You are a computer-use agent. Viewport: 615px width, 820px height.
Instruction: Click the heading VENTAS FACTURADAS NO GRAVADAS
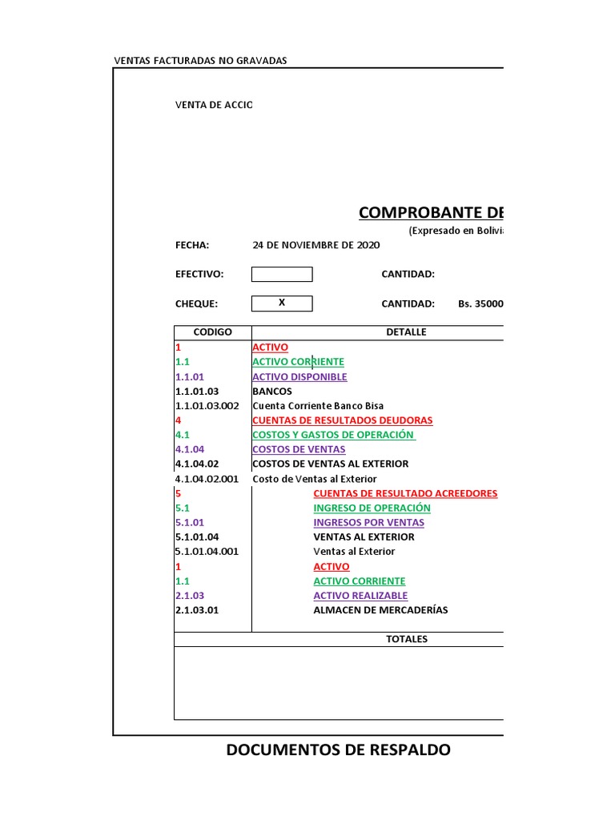(x=200, y=61)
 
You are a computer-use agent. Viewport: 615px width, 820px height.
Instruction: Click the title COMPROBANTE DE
(x=431, y=212)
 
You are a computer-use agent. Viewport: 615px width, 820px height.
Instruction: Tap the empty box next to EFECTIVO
(x=282, y=275)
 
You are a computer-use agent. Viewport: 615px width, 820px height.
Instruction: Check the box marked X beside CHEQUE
(x=282, y=303)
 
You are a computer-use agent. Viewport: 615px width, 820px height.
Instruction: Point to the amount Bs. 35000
(x=480, y=304)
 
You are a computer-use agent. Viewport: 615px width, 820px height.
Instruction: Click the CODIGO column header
(x=213, y=332)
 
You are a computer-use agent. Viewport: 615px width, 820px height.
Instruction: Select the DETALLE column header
(x=406, y=332)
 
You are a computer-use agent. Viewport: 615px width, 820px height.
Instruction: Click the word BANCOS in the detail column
(x=272, y=392)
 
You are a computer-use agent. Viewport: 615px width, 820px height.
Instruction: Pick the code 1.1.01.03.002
(x=207, y=406)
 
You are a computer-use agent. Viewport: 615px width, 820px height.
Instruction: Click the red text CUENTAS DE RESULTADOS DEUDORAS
(x=342, y=420)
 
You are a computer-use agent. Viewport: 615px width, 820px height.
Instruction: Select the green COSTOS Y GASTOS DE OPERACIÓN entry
(x=333, y=435)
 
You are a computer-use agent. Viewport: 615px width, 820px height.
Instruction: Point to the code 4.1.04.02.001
(x=207, y=479)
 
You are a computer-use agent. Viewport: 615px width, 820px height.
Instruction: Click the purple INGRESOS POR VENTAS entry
(x=368, y=523)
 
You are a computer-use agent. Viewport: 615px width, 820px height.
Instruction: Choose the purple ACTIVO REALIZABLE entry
(x=360, y=596)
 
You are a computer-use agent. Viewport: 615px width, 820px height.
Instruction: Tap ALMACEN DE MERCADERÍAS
(x=380, y=610)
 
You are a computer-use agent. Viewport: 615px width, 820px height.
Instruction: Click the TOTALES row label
(x=407, y=639)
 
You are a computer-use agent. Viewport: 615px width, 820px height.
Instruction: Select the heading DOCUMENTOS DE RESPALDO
(x=338, y=750)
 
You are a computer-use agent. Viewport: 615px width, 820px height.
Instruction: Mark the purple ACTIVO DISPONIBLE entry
(x=299, y=377)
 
